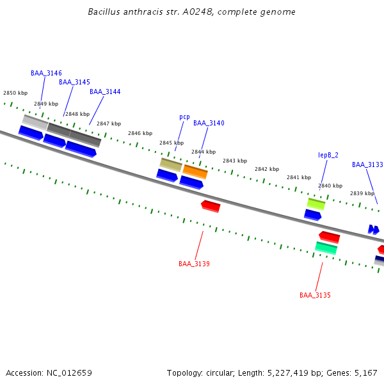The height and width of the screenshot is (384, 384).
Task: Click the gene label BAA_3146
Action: click(46, 73)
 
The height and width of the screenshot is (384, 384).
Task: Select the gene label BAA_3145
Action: click(74, 82)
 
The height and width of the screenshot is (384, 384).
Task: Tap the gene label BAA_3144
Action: click(105, 92)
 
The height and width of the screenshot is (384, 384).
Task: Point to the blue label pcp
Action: click(184, 116)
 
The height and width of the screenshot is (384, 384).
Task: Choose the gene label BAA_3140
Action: click(209, 123)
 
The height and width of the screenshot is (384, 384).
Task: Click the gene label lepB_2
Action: click(328, 155)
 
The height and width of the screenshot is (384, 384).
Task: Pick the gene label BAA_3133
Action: click(367, 164)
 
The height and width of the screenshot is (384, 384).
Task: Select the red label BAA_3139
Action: click(194, 264)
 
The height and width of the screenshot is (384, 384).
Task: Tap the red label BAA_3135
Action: click(315, 295)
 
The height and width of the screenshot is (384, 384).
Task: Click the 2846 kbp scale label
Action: click(140, 133)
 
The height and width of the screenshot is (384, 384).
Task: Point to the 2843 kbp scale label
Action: click(234, 161)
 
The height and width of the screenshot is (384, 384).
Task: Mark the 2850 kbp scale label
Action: click(15, 93)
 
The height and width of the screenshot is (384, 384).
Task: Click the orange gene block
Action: click(195, 172)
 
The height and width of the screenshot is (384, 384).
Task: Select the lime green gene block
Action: click(316, 204)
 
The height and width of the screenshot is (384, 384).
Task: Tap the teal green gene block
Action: click(326, 248)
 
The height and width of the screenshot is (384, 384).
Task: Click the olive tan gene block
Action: click(171, 164)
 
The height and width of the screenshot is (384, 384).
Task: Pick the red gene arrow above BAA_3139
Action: click(211, 206)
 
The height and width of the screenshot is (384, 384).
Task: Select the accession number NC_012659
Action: click(68, 372)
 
